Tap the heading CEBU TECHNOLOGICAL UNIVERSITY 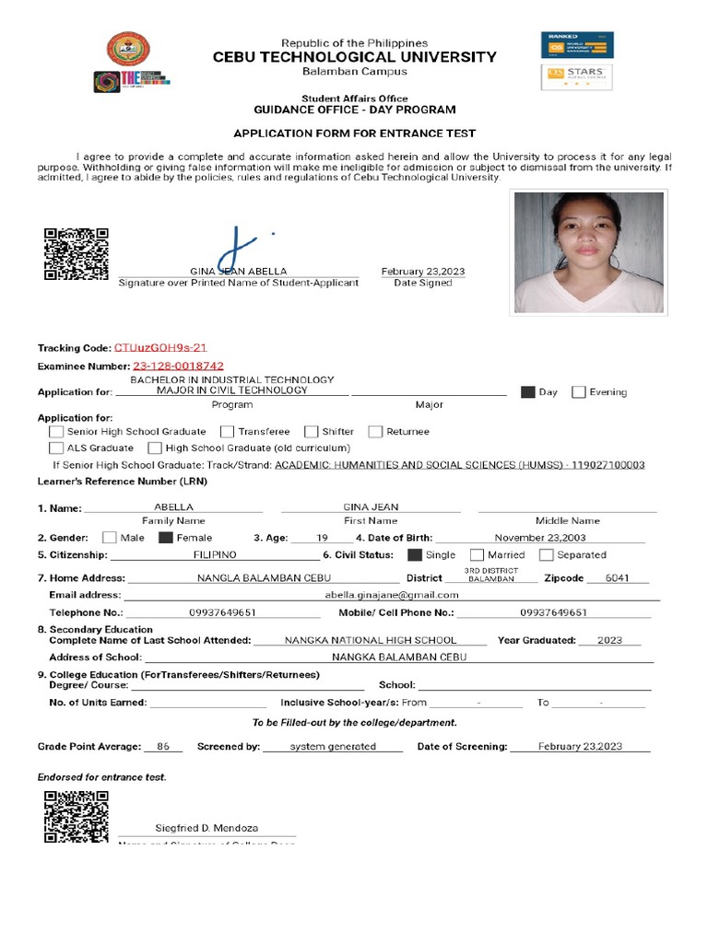tap(355, 57)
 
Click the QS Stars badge tap(576, 76)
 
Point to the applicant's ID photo tap(588, 252)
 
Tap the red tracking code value tap(160, 348)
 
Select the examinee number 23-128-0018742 tap(178, 367)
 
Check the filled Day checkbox tap(527, 392)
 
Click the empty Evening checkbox tap(578, 392)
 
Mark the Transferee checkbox tap(227, 432)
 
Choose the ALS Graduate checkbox tap(56, 448)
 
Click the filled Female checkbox tap(166, 538)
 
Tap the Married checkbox tap(477, 555)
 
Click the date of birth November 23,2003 tap(538, 538)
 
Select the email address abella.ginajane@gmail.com tap(392, 595)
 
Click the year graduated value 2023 tap(609, 640)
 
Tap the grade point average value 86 tap(163, 747)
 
